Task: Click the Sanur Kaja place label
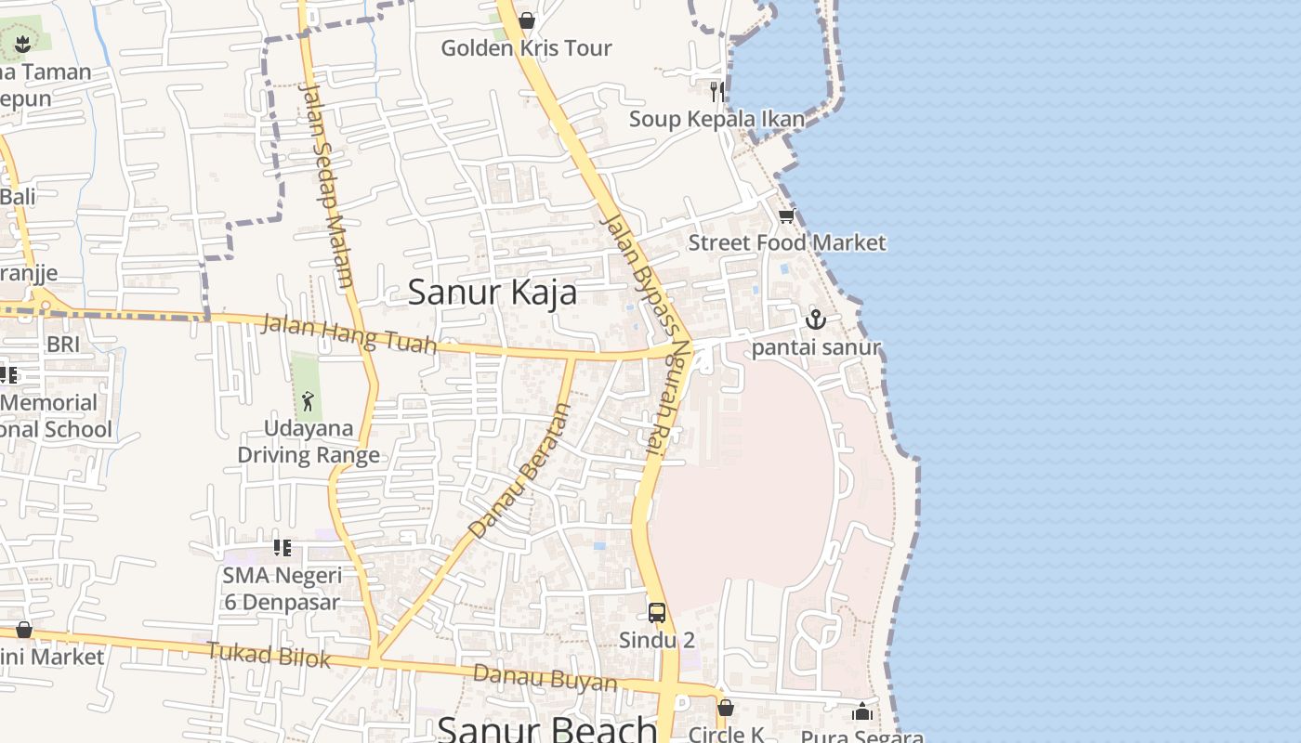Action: [493, 293]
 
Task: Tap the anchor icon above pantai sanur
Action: [815, 320]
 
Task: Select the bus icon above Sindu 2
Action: [657, 613]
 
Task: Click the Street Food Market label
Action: [787, 243]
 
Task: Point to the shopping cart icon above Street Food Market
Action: [786, 216]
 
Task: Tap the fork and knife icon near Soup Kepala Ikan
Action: [716, 91]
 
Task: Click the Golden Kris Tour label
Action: [526, 48]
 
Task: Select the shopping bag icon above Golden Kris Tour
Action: [527, 20]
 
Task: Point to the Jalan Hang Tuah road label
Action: [349, 334]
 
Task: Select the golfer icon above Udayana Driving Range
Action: [308, 401]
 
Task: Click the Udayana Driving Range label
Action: [309, 442]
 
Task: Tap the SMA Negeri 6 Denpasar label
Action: [282, 589]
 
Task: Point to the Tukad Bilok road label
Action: [269, 655]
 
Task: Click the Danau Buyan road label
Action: [545, 677]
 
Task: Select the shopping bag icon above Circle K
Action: [726, 708]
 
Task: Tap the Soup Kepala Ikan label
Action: [716, 119]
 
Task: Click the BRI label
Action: [63, 345]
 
